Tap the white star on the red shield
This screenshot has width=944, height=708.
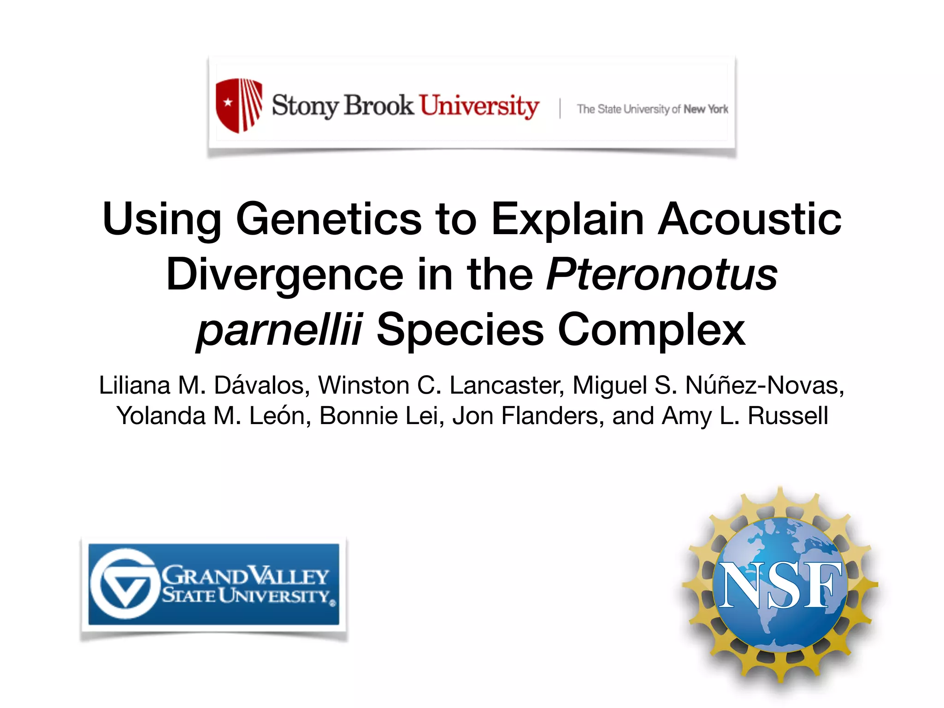click(228, 102)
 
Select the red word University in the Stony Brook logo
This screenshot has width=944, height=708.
click(479, 106)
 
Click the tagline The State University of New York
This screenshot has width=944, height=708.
click(652, 109)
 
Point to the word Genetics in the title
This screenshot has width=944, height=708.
click(328, 219)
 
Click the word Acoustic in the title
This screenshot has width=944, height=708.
click(749, 219)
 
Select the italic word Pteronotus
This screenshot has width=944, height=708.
click(662, 275)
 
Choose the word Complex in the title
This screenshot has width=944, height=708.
click(651, 330)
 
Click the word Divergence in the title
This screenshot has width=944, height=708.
click(285, 275)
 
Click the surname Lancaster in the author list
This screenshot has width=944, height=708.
click(507, 385)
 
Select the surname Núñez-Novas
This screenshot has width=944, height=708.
click(764, 385)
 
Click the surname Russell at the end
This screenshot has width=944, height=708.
click(788, 416)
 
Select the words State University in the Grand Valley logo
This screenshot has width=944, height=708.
click(247, 596)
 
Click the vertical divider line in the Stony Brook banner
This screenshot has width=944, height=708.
click(560, 108)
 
